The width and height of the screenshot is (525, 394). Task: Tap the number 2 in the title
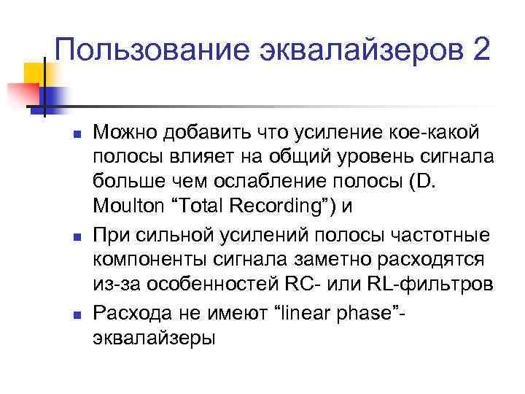click(x=480, y=50)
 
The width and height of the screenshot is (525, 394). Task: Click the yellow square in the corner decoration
click(x=34, y=73)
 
